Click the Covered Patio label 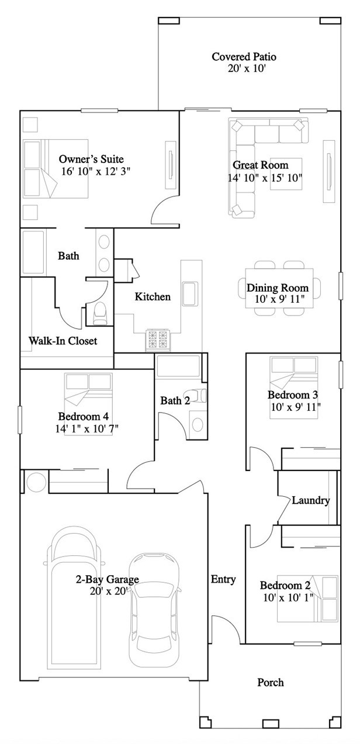click(244, 57)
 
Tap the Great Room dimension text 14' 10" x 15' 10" click(265, 178)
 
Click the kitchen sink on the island click(190, 293)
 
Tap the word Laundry click(311, 500)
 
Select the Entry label click(223, 579)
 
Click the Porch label click(271, 682)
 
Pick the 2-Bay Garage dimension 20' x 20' click(109, 591)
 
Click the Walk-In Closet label click(63, 341)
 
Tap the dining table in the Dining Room click(279, 288)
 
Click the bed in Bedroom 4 click(88, 403)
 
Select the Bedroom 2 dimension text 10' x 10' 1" click(288, 597)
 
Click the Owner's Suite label click(91, 159)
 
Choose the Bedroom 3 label click(293, 395)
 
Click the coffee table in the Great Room click(286, 174)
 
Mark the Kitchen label click(153, 296)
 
